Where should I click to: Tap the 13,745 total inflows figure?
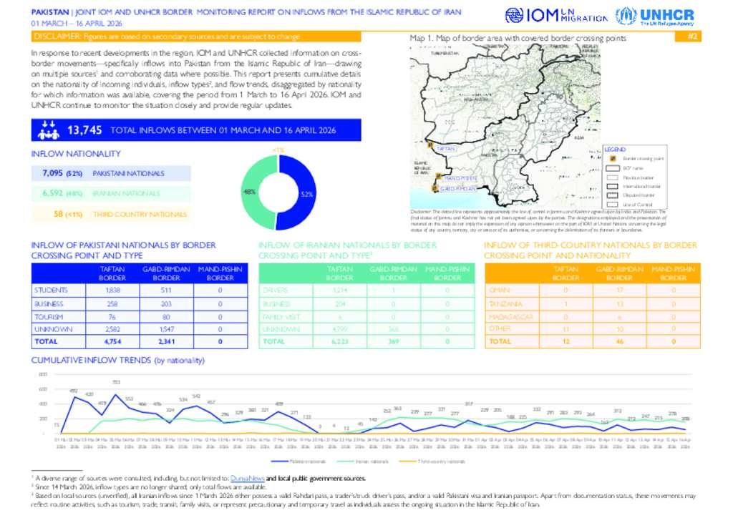(84, 130)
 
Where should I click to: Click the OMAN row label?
(499, 290)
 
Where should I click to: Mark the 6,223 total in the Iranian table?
(340, 342)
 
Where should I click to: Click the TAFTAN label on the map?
(445, 148)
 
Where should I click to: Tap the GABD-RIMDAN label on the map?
(458, 188)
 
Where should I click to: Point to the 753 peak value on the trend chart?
(116, 382)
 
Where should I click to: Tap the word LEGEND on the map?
(615, 149)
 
